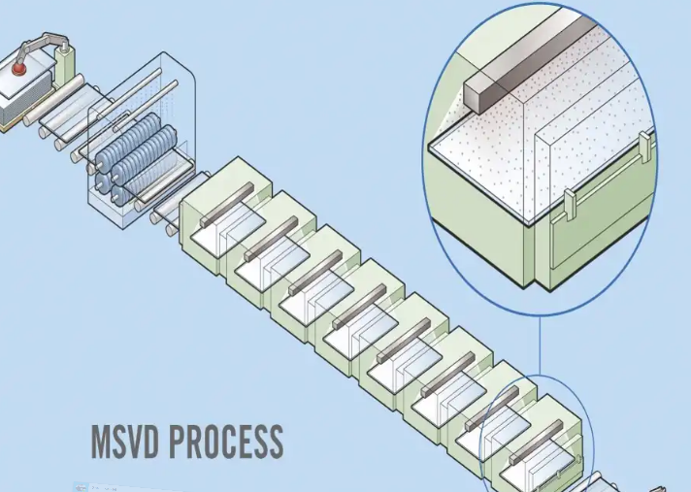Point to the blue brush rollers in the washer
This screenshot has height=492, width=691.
click(x=141, y=155)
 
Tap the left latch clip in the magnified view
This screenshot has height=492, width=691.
click(x=571, y=203)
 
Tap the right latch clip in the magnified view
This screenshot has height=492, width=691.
click(x=640, y=149)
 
